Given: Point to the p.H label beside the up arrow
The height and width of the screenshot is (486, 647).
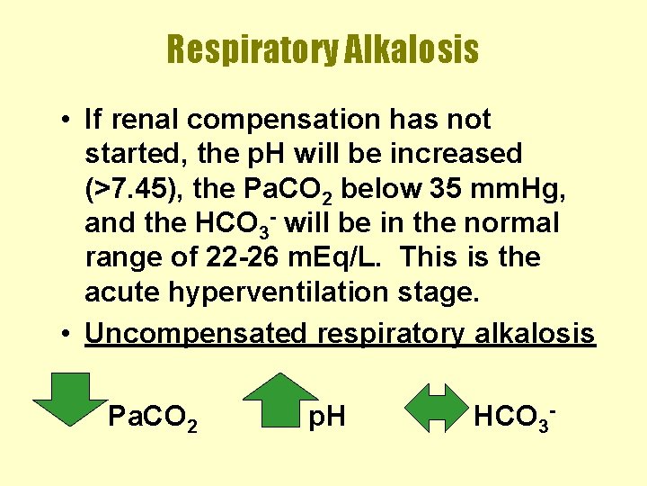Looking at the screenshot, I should (327, 417).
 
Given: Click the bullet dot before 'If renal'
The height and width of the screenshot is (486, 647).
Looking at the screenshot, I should (68, 120).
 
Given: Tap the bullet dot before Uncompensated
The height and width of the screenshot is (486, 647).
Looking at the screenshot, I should (68, 334).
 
